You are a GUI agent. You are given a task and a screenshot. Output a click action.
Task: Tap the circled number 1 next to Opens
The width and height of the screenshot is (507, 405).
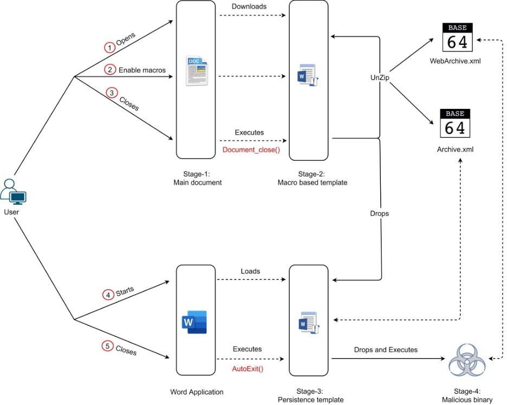click(110, 48)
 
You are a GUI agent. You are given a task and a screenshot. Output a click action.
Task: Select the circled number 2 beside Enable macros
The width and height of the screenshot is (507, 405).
click(110, 70)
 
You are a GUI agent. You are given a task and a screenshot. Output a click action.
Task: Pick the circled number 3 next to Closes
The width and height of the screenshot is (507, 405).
click(112, 93)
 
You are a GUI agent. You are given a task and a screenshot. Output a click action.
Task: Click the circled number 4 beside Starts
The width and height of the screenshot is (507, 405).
click(109, 295)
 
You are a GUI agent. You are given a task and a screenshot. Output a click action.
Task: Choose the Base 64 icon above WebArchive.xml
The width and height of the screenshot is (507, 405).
click(457, 37)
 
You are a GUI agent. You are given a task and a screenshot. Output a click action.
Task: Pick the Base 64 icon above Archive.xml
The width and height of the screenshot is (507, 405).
click(457, 123)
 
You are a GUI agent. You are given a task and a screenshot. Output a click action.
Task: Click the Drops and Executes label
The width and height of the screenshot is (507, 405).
click(386, 350)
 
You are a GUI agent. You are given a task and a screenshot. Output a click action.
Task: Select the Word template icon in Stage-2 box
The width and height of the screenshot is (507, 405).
click(308, 76)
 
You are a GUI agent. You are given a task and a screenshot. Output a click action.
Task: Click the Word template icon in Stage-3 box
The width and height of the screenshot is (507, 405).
click(308, 323)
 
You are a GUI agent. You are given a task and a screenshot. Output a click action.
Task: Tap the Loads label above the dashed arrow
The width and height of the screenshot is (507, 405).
click(250, 271)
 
